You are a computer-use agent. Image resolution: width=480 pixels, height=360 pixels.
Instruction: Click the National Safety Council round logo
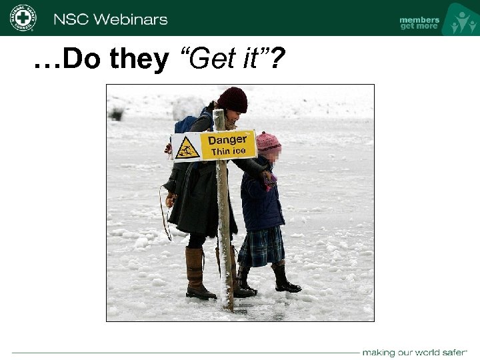coord(23,17)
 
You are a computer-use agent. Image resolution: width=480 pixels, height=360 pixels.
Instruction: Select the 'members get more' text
coord(419,23)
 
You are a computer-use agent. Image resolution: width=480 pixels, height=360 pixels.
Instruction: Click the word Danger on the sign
coord(227,140)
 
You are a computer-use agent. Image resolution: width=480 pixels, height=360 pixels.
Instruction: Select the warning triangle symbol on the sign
coord(187,147)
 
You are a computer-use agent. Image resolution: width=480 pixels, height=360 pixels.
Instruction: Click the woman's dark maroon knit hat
coord(232,99)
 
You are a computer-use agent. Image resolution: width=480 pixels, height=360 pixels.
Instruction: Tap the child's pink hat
coord(268,141)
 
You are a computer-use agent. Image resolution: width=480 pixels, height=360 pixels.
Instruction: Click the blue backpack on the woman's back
coord(185,124)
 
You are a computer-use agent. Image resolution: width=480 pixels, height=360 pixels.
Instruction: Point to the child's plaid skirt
coord(261,246)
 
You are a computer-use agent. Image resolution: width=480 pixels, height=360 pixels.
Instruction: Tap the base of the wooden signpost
coord(227,303)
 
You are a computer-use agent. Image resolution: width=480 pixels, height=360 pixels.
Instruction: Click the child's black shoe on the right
coord(287,285)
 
